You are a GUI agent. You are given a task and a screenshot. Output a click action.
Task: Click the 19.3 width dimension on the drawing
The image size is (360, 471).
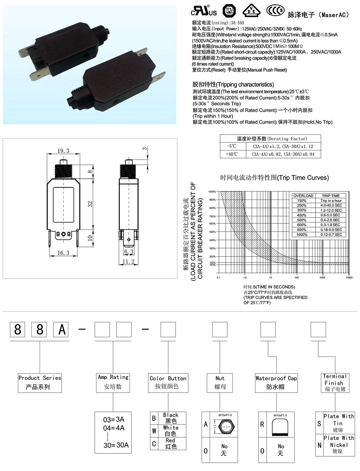(63, 151)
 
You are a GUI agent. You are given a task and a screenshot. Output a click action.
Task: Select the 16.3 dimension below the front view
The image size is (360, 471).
(63, 253)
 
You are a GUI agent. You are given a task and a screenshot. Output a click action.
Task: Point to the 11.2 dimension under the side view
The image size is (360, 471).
(129, 262)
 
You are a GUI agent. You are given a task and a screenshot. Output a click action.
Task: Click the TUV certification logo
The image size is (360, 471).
(229, 11)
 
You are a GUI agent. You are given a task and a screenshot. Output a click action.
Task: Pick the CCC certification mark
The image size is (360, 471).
(273, 11)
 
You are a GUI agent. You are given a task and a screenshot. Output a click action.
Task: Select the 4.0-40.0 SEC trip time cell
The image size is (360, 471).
(331, 205)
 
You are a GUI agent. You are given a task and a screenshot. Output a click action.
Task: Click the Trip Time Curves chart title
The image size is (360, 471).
(274, 178)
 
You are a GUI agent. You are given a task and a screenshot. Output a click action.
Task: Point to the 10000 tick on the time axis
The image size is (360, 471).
(349, 278)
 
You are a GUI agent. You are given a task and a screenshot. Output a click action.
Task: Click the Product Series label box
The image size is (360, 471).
(40, 382)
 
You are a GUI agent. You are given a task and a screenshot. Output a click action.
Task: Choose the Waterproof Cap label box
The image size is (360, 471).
(276, 382)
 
